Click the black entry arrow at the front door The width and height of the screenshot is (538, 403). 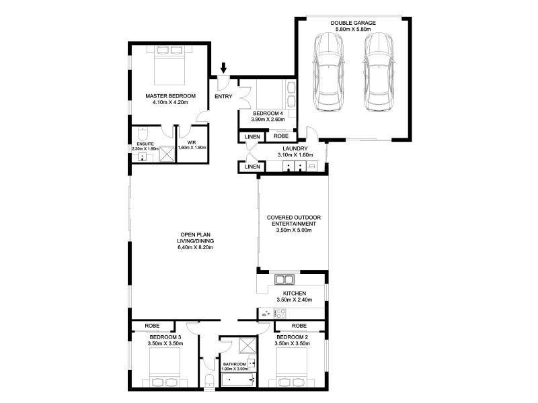click(x=224, y=67)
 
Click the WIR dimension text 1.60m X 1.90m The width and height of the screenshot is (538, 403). click(x=191, y=147)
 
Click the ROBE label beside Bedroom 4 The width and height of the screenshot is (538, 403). click(x=281, y=136)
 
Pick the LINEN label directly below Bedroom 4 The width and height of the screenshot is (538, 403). click(x=252, y=136)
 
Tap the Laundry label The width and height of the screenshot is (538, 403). click(x=295, y=148)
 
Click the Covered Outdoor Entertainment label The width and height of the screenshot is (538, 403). click(x=293, y=221)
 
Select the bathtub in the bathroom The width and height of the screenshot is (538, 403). click(x=237, y=382)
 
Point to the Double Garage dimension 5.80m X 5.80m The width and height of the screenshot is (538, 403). click(x=353, y=30)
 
